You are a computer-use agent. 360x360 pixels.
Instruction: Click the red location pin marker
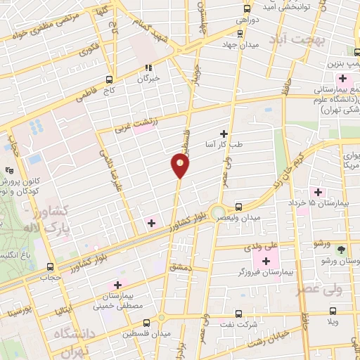(x=180, y=165)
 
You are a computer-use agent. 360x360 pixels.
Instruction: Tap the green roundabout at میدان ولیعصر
(x=218, y=212)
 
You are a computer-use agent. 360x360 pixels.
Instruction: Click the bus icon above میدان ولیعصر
(x=238, y=207)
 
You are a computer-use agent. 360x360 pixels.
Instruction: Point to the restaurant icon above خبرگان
(x=148, y=68)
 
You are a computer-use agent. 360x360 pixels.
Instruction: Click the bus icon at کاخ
(x=109, y=79)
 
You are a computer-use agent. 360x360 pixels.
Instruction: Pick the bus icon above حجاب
(x=50, y=267)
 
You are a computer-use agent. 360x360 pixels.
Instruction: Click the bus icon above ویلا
(x=333, y=310)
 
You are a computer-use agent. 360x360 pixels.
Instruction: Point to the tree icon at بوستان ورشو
(x=342, y=250)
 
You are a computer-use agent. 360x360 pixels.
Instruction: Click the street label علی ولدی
(x=261, y=247)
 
